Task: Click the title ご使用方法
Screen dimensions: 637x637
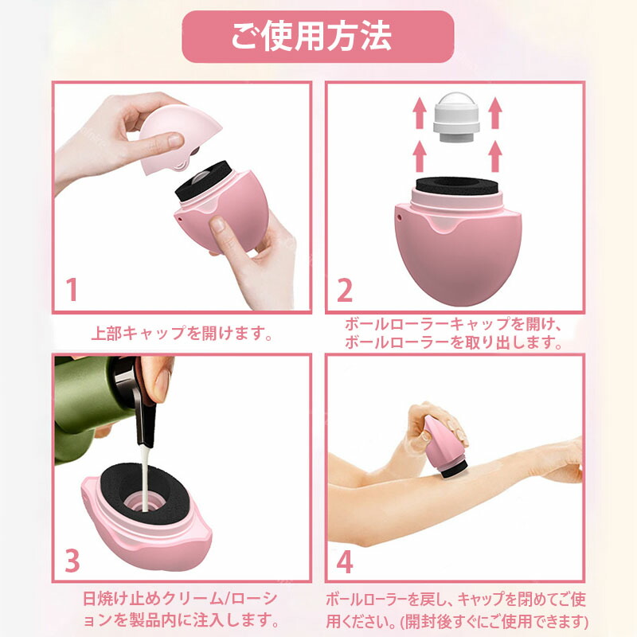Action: [311, 37]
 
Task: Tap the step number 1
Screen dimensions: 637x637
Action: [72, 289]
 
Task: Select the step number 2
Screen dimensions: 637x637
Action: [345, 289]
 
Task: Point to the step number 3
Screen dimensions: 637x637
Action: [72, 561]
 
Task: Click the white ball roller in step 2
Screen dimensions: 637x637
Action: [456, 117]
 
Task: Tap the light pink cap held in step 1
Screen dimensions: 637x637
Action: [178, 138]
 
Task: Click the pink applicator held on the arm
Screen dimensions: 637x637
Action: [445, 447]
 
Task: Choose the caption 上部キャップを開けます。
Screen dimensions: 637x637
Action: [182, 334]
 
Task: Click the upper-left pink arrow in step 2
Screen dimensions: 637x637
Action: [420, 113]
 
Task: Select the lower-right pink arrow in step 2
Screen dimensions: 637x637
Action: [494, 156]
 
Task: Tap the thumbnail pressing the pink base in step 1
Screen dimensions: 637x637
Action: [218, 224]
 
